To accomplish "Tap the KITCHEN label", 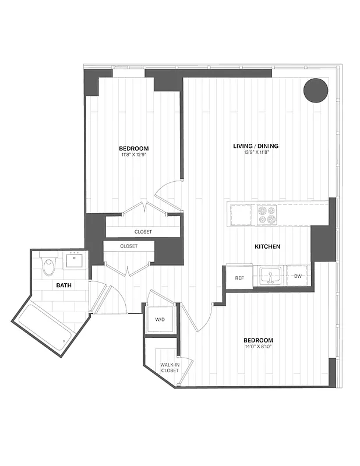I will click(267, 246).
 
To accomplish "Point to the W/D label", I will click(160, 320).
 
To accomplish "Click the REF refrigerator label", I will click(239, 277).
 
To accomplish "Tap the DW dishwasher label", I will click(298, 276).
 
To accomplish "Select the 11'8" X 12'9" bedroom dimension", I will click(134, 155).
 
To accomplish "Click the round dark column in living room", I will click(316, 90).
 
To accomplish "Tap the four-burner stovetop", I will click(267, 214).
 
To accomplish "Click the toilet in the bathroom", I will click(49, 265).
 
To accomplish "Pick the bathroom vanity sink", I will click(75, 260).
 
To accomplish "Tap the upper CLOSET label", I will click(143, 232).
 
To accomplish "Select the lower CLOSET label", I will click(129, 246).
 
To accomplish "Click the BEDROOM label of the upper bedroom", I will click(134, 148).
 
